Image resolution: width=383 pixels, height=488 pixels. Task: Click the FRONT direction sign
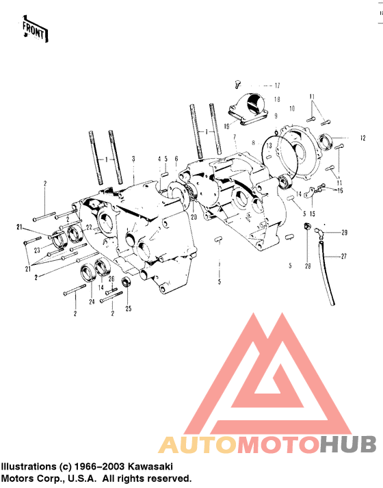tap(35, 29)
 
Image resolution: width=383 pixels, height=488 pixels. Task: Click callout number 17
tap(277, 86)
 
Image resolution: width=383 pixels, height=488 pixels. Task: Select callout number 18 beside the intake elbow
tap(277, 99)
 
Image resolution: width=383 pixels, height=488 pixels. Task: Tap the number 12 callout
tap(362, 138)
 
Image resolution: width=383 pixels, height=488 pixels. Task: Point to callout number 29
tap(344, 233)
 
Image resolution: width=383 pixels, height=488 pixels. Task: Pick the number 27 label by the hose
tap(343, 257)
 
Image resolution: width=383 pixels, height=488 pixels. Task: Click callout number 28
tap(308, 266)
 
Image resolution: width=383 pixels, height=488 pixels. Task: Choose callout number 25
tap(129, 309)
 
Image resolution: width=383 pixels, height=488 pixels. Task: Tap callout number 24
tap(92, 302)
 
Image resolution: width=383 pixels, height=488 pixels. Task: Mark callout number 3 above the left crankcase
tap(133, 159)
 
